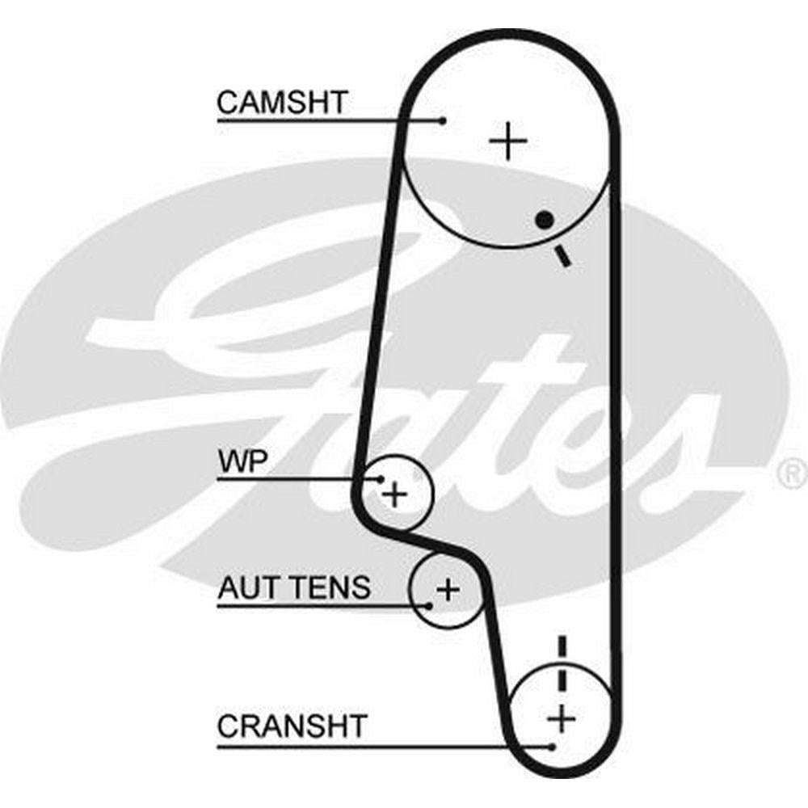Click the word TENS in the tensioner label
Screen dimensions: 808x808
tap(328, 587)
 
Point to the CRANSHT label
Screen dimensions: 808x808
tap(292, 726)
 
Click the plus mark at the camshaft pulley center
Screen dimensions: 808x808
tap(508, 141)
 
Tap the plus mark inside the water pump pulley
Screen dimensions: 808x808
tap(395, 495)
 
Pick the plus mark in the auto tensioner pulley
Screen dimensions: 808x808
tap(448, 589)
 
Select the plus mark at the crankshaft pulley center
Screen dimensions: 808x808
tap(562, 718)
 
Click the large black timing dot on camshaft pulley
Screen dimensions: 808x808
tap(545, 220)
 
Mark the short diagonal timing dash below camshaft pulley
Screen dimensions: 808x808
tap(562, 257)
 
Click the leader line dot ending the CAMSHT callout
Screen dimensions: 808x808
tap(443, 121)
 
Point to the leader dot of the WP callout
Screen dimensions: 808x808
tap(381, 479)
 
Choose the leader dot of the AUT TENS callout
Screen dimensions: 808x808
tap(429, 606)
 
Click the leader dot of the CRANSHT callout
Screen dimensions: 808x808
tap(553, 746)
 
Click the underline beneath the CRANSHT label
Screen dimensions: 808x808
tap(385, 746)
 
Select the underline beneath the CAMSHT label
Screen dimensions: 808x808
tap(330, 121)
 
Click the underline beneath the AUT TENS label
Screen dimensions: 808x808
tap(322, 606)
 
